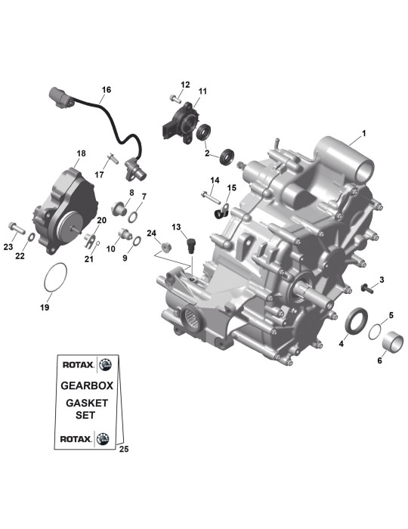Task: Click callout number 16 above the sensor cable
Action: point(107,90)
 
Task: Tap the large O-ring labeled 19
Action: point(45,277)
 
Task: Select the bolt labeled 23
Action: point(17,227)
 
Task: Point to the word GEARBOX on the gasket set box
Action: point(87,385)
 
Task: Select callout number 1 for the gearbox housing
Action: point(363,134)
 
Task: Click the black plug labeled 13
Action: point(192,246)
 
